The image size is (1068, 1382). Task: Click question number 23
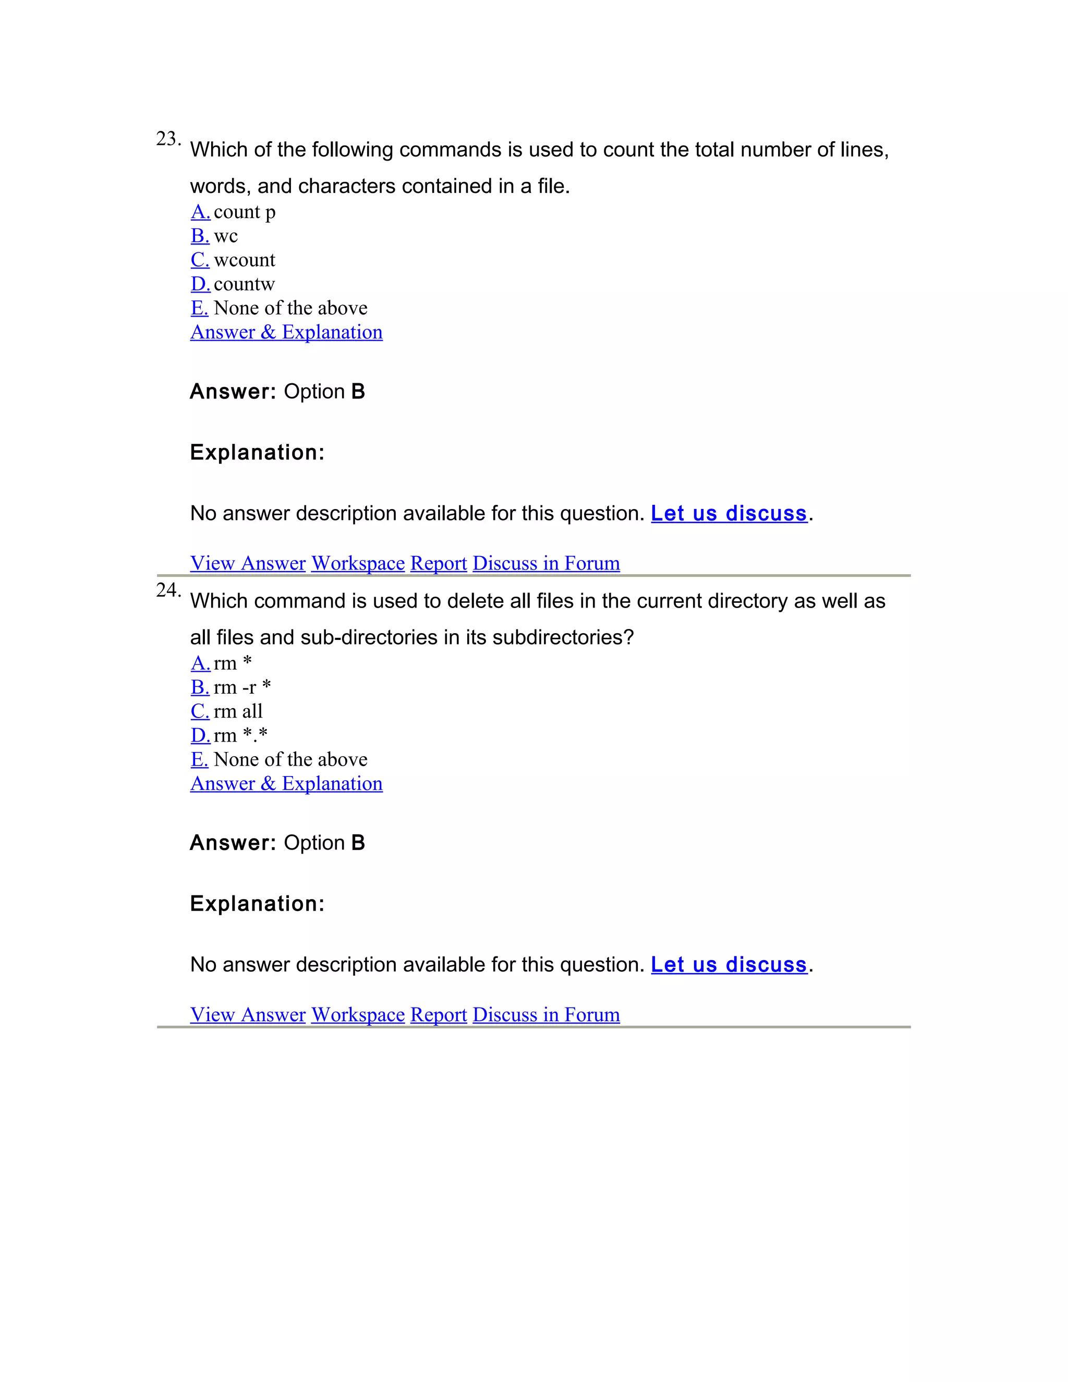168,139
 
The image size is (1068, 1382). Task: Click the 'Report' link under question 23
439,563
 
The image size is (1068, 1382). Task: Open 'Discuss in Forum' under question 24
546,1014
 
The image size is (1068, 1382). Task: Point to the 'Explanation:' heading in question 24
257,904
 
